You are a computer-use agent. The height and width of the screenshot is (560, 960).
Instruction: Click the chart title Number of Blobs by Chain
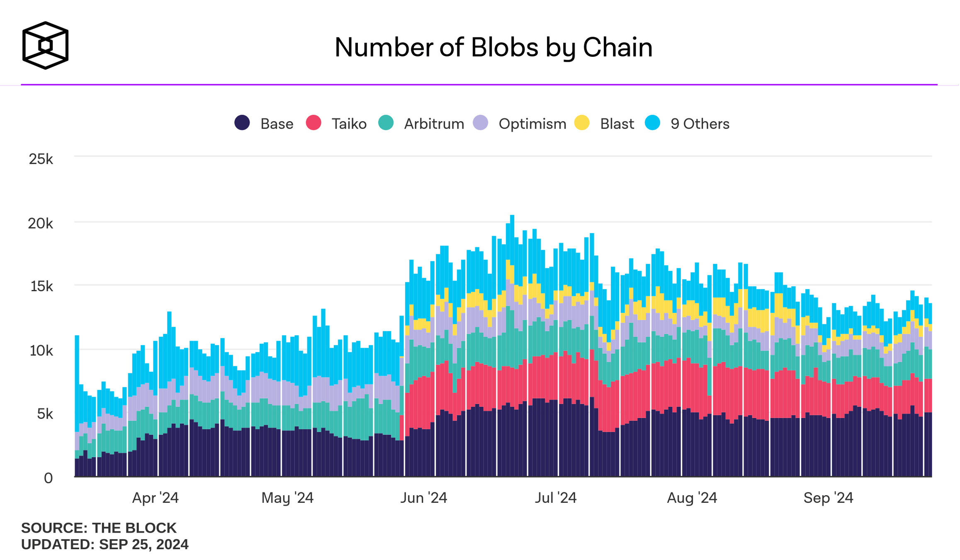(x=493, y=47)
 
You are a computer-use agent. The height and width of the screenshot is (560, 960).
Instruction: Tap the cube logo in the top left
(x=45, y=45)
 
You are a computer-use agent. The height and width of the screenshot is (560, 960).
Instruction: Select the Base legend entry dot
(x=242, y=123)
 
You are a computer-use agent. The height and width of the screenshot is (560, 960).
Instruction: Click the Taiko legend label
(x=349, y=124)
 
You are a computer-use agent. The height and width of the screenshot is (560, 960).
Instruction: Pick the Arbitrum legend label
(x=434, y=124)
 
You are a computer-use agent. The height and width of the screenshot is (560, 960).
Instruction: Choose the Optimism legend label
(x=532, y=124)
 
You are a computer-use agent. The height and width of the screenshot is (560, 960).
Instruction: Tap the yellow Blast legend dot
(x=582, y=123)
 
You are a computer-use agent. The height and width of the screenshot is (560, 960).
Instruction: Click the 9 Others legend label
(x=700, y=124)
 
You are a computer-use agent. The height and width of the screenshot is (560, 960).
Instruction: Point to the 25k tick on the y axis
(x=41, y=159)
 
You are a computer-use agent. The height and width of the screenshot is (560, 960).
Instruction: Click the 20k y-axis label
(x=41, y=224)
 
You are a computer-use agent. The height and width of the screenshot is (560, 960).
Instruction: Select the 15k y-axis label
(x=41, y=286)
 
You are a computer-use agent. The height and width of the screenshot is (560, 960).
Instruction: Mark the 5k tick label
(x=45, y=414)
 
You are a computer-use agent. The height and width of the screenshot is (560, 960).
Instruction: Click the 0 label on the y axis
(x=48, y=478)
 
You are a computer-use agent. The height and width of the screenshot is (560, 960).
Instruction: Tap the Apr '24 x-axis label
(x=155, y=497)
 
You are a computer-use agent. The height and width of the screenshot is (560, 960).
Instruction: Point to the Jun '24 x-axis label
(x=423, y=497)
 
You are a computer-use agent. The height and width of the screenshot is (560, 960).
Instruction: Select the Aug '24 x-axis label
(x=692, y=497)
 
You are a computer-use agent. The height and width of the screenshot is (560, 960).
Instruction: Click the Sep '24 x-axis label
(x=828, y=497)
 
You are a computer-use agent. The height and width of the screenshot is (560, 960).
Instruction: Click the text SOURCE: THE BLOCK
(x=99, y=528)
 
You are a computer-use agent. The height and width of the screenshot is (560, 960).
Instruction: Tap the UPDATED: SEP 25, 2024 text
(x=105, y=544)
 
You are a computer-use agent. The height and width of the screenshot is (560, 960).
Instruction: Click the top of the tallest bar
(x=512, y=216)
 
